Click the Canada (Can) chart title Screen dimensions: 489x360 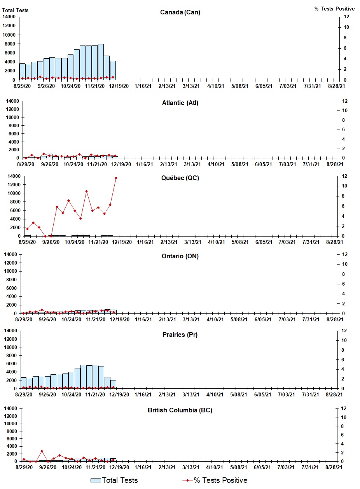pyautogui.click(x=180, y=12)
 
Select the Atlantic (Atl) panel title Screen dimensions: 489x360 pyautogui.click(x=180, y=103)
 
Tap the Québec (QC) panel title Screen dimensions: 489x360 pyautogui.click(x=180, y=178)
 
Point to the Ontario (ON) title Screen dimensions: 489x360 pyautogui.click(x=180, y=256)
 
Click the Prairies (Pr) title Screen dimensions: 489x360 pyautogui.click(x=180, y=335)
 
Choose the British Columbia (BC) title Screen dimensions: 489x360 pyautogui.click(x=180, y=410)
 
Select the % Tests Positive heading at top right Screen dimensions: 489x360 pyautogui.click(x=334, y=9)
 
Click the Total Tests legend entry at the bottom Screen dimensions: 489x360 pyautogui.click(x=114, y=480)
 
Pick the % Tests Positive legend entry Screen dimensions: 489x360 pyautogui.click(x=215, y=480)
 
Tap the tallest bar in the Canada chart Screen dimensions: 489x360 pyautogui.click(x=101, y=62)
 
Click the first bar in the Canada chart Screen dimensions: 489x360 pyautogui.click(x=22, y=72)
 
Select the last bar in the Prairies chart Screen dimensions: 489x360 pyautogui.click(x=113, y=384)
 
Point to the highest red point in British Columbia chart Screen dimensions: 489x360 pyautogui.click(x=42, y=451)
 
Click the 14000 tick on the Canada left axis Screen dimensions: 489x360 pyautogui.click(x=10, y=17)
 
